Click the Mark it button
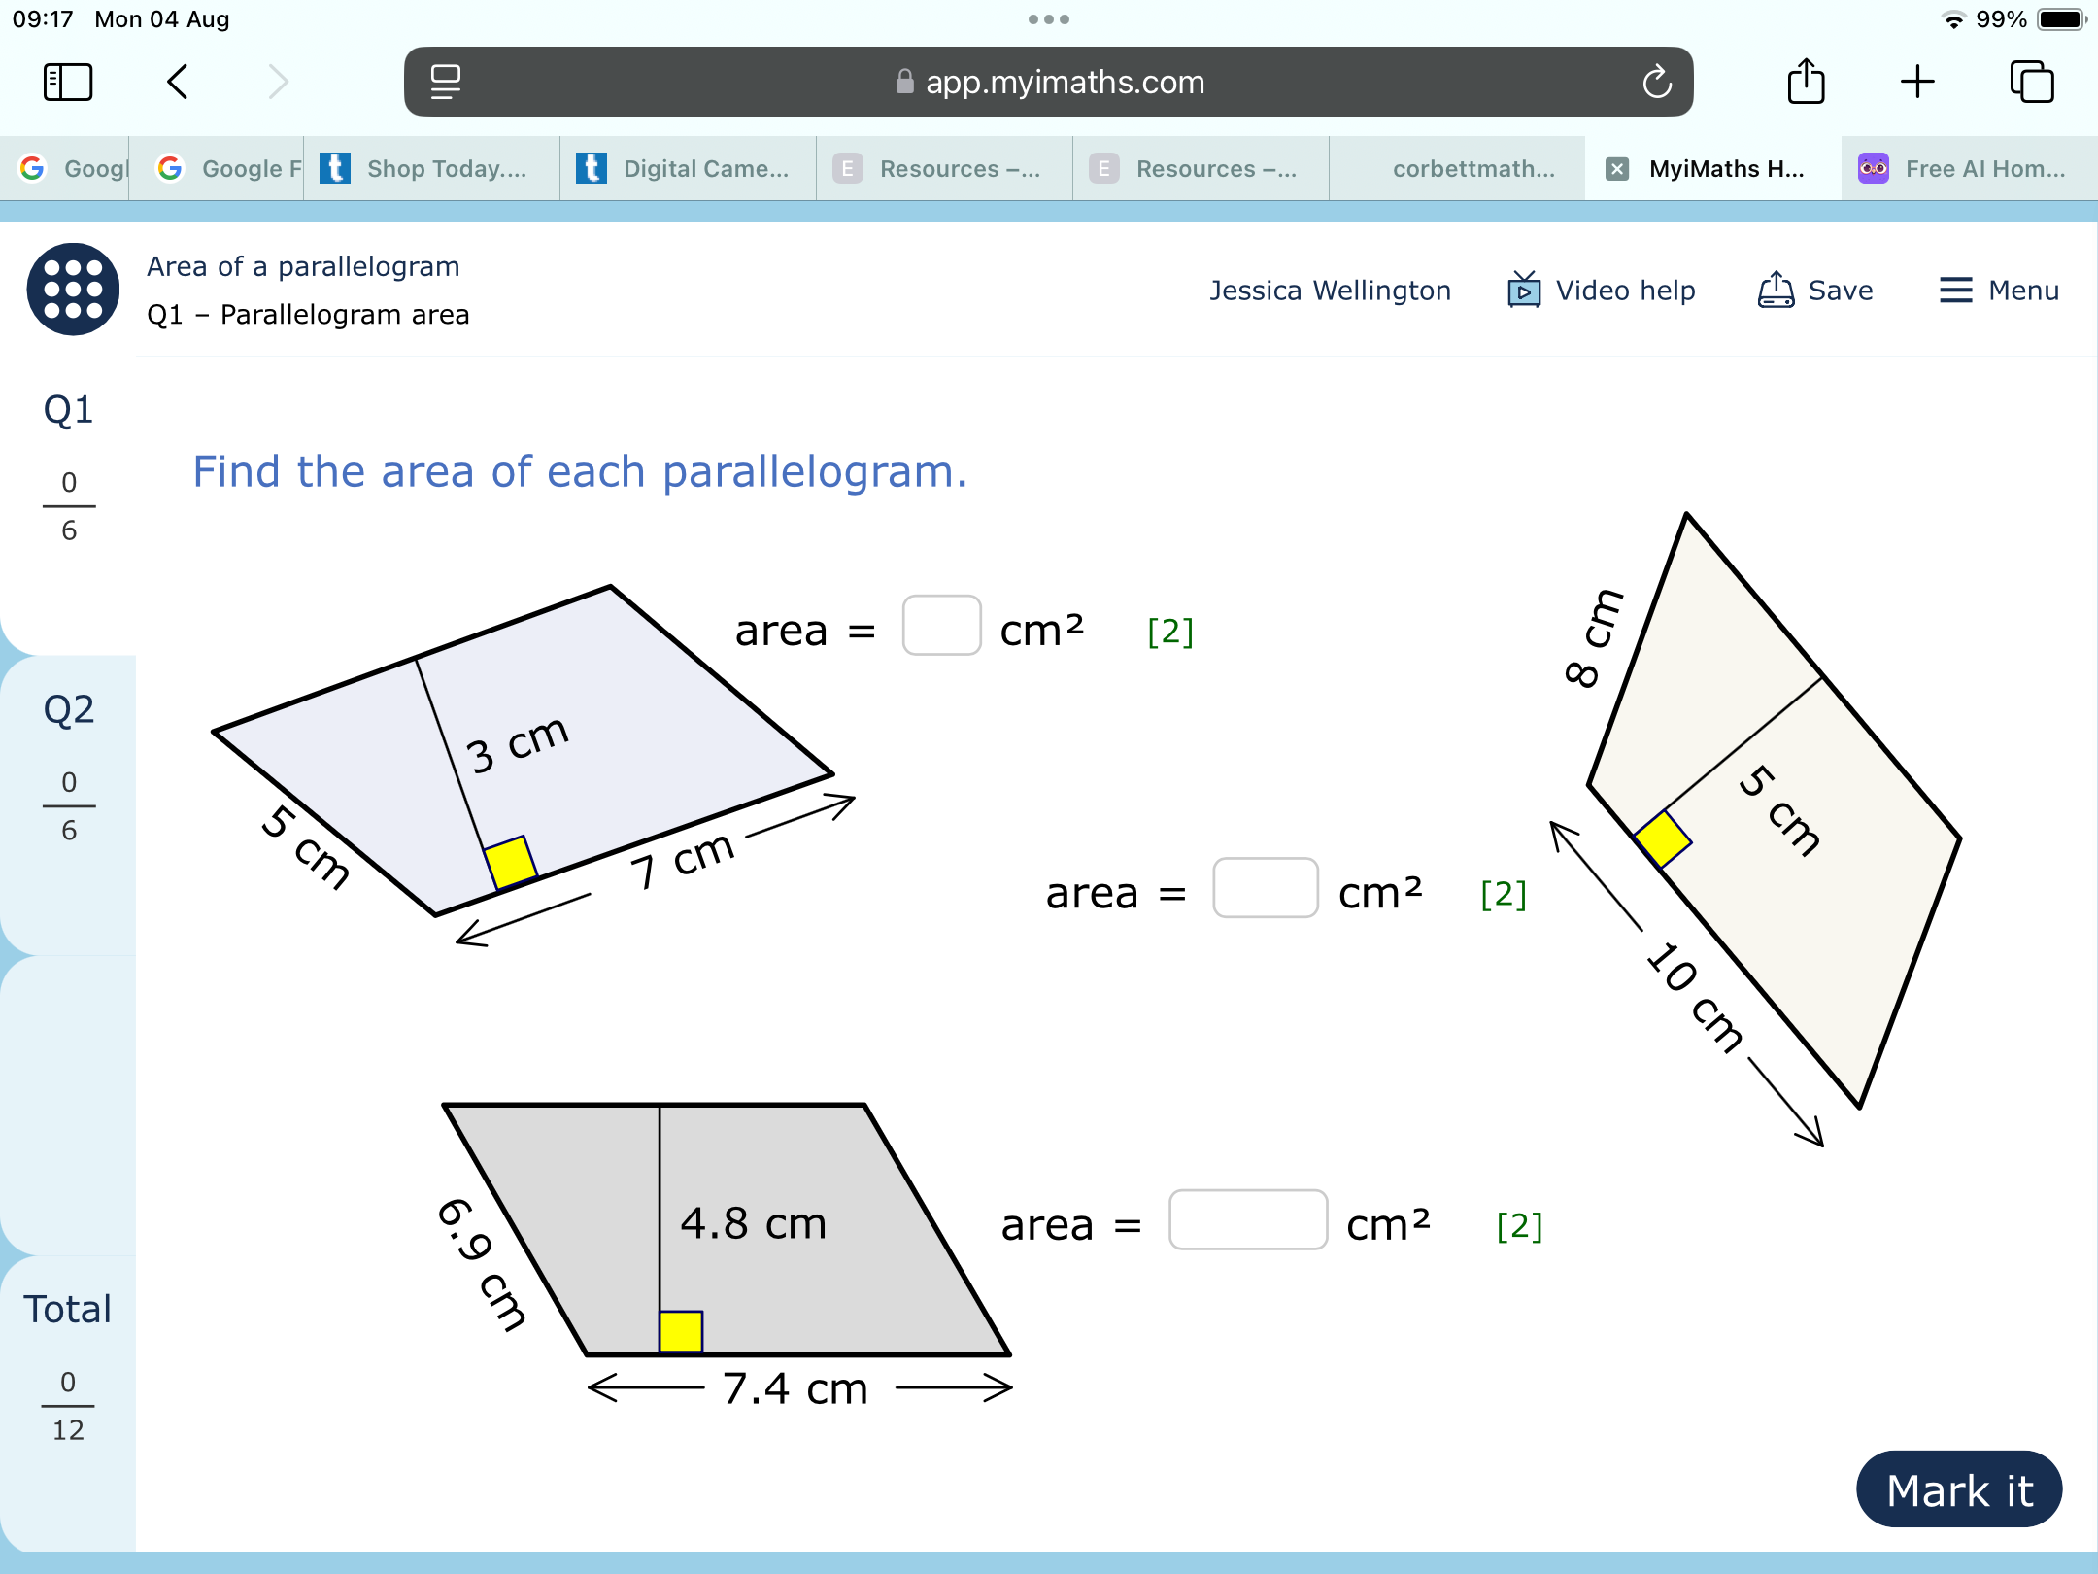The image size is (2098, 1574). (x=1958, y=1489)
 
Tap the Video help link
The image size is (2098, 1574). (x=1602, y=291)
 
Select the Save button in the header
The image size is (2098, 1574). (x=1815, y=291)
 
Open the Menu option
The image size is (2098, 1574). (x=1999, y=291)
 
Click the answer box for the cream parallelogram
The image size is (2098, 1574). (x=1265, y=888)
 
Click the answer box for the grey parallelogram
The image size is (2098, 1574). (x=1247, y=1220)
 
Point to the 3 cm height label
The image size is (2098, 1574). (x=517, y=744)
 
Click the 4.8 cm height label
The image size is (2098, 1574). (x=753, y=1223)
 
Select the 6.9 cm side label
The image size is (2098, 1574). (x=482, y=1262)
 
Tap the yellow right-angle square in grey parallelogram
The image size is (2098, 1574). (x=681, y=1331)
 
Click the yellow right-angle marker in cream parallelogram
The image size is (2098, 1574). (x=1663, y=838)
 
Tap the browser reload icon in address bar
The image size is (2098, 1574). (x=1657, y=83)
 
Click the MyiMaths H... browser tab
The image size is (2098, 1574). (x=1713, y=169)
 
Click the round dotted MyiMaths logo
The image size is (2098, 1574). (x=73, y=290)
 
